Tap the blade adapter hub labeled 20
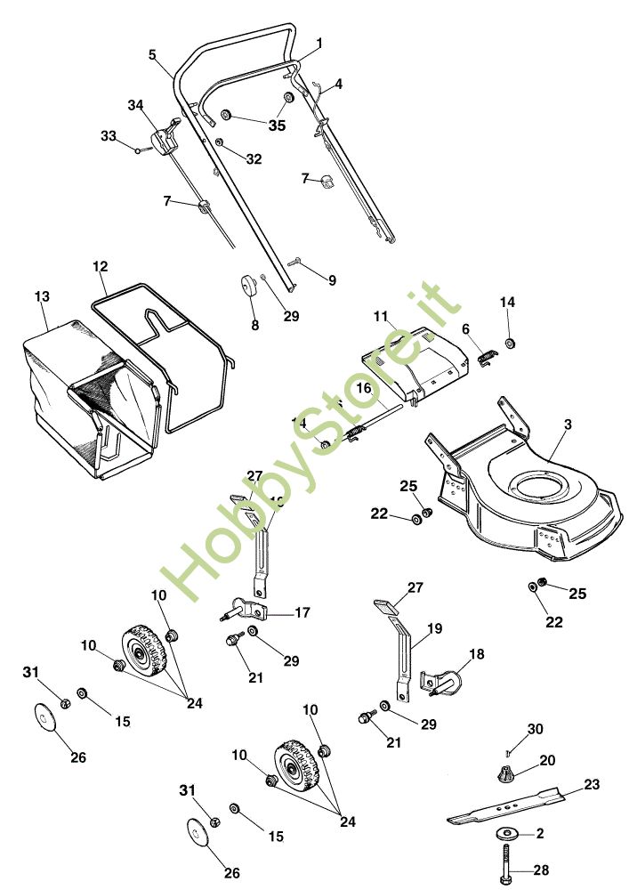pos(504,772)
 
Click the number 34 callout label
pos(135,105)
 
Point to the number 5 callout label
pos(152,53)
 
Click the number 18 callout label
pos(477,654)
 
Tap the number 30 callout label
pos(534,729)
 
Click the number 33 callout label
pos(109,136)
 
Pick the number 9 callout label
pos(332,280)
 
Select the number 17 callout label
pos(302,612)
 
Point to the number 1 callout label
pos(319,42)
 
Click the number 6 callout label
pos(465,328)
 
